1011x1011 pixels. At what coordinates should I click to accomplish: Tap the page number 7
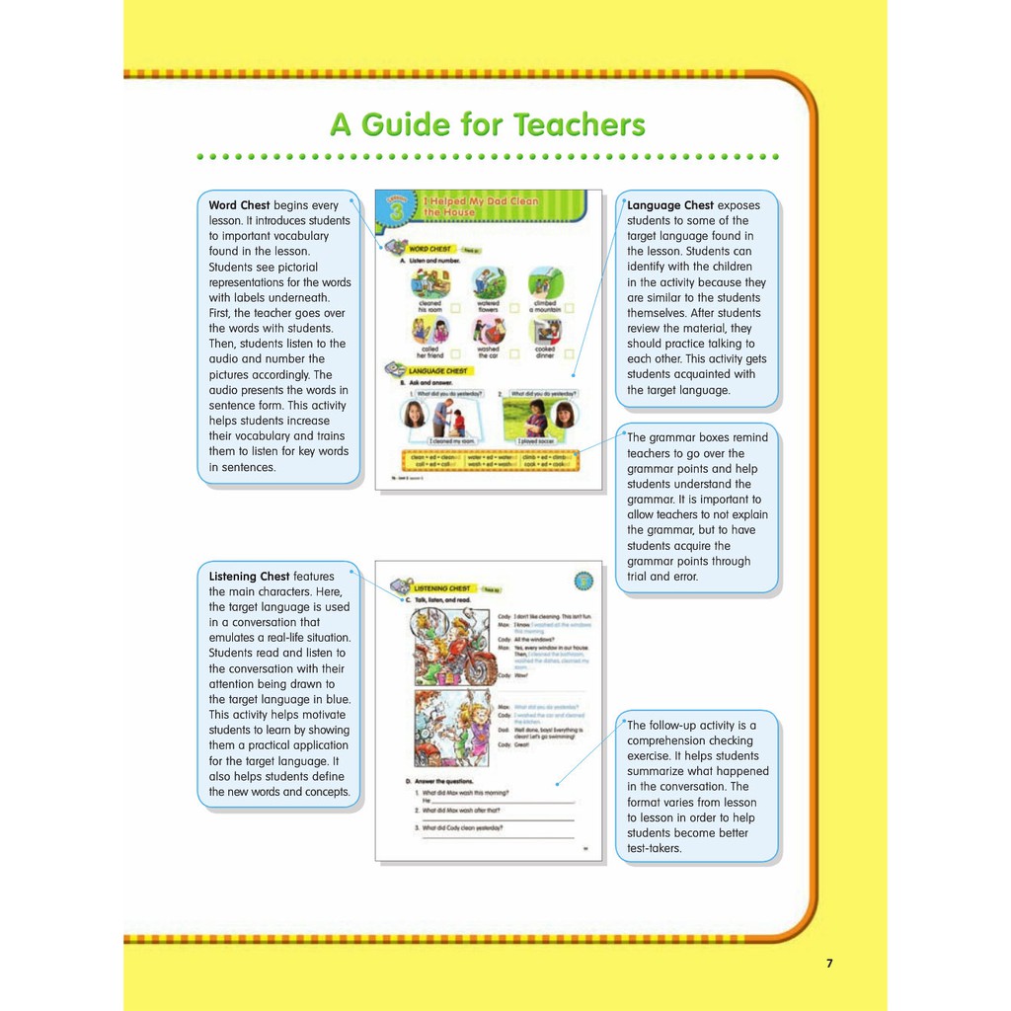click(x=829, y=964)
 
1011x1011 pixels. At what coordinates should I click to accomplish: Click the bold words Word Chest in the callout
click(x=239, y=205)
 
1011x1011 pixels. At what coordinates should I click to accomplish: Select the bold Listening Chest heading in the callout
click(x=249, y=576)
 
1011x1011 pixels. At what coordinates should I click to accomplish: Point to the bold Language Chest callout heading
click(x=670, y=205)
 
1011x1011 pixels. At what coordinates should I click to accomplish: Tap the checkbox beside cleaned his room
click(x=455, y=307)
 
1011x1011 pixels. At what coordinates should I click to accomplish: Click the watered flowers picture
click(x=487, y=282)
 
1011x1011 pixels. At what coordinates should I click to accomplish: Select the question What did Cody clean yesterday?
click(x=462, y=827)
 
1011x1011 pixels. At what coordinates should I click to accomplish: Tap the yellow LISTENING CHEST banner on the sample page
click(x=442, y=588)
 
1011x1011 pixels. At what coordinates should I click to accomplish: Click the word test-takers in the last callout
click(x=654, y=848)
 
